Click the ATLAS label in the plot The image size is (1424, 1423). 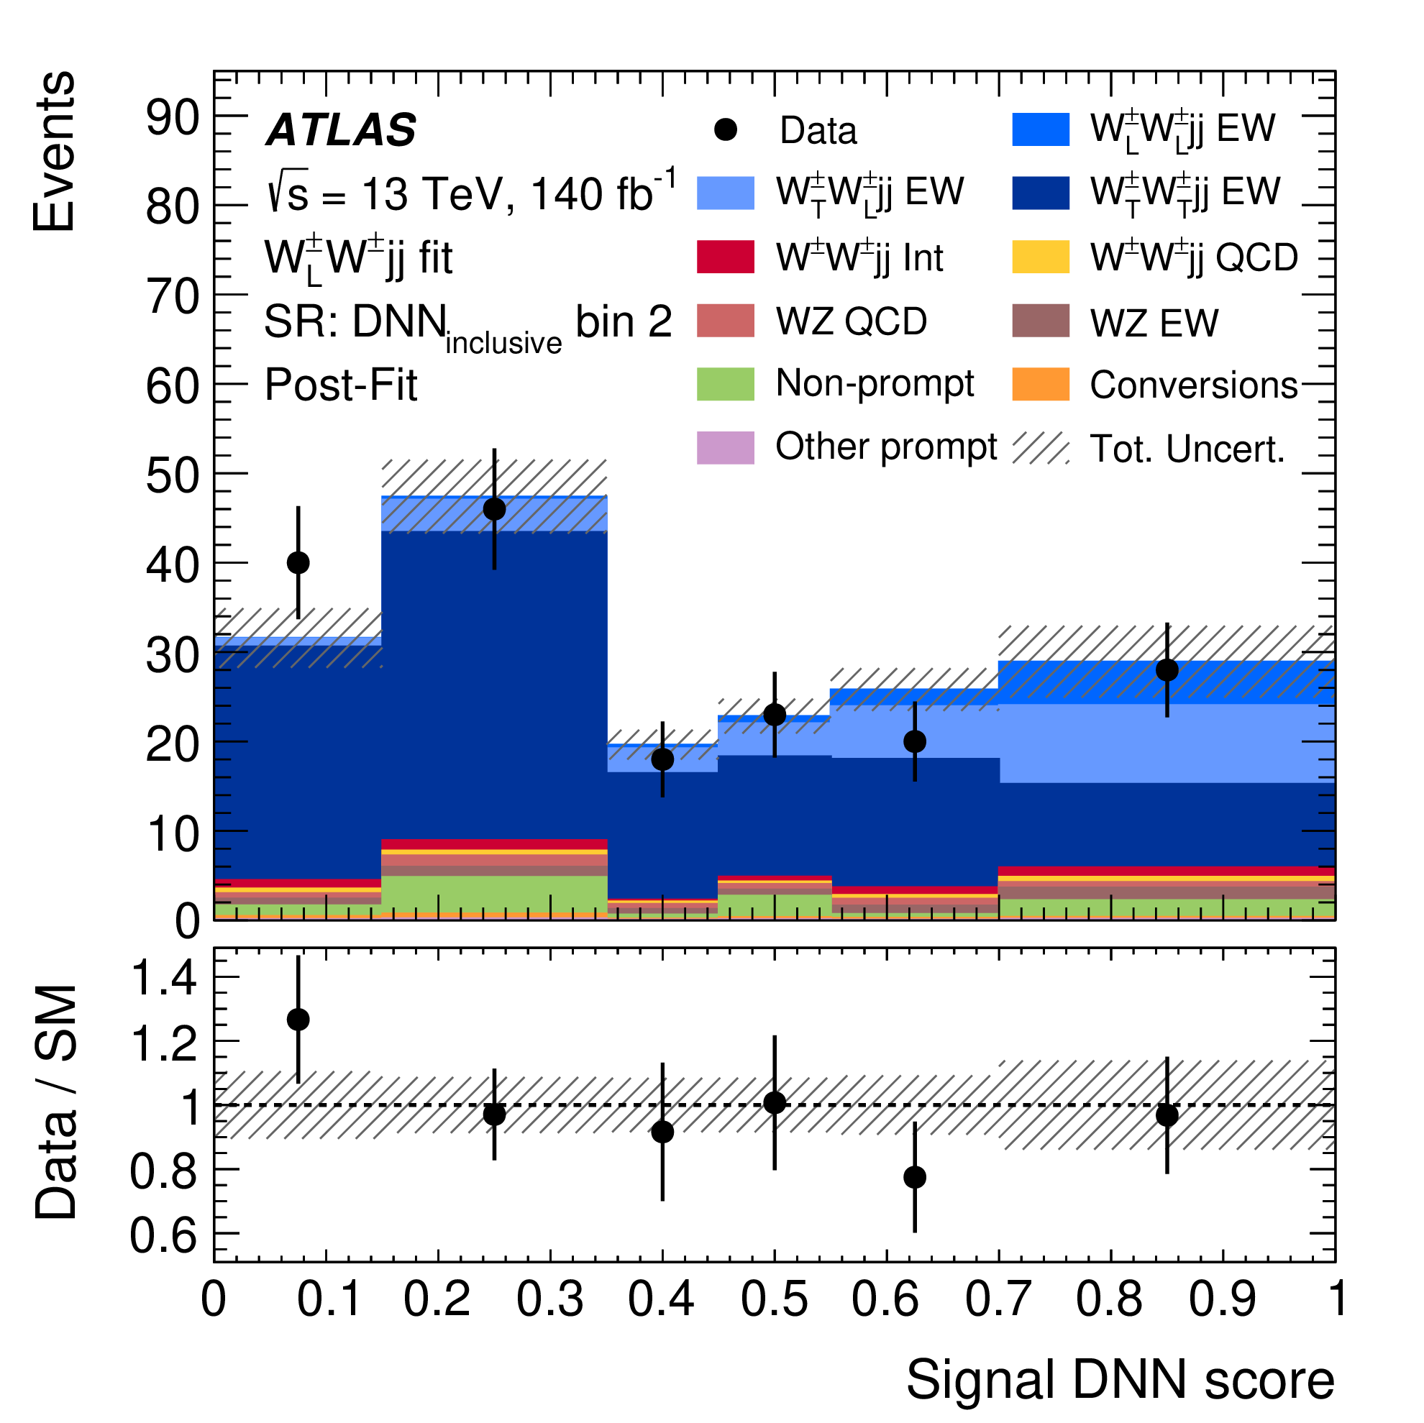tap(342, 130)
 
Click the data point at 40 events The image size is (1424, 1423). tap(298, 563)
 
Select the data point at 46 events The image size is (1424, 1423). tap(495, 509)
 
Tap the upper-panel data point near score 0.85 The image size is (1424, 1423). tap(1167, 670)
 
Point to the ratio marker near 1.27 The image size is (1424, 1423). tap(298, 1020)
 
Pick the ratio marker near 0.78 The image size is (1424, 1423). tap(915, 1177)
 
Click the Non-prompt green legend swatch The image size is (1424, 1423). tap(725, 385)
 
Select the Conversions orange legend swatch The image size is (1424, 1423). tap(1040, 385)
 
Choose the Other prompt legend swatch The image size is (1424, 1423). tap(725, 448)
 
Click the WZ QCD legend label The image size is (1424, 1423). tap(852, 322)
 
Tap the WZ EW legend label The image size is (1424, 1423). tap(1154, 324)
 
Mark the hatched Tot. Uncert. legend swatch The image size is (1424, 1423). tap(1040, 448)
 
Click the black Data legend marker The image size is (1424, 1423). tap(725, 130)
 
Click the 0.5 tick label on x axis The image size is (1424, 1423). tap(774, 1299)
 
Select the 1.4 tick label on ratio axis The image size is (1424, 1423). tap(164, 979)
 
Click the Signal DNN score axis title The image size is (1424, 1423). tap(1120, 1379)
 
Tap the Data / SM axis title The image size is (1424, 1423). tap(56, 1102)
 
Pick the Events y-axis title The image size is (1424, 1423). tap(55, 152)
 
